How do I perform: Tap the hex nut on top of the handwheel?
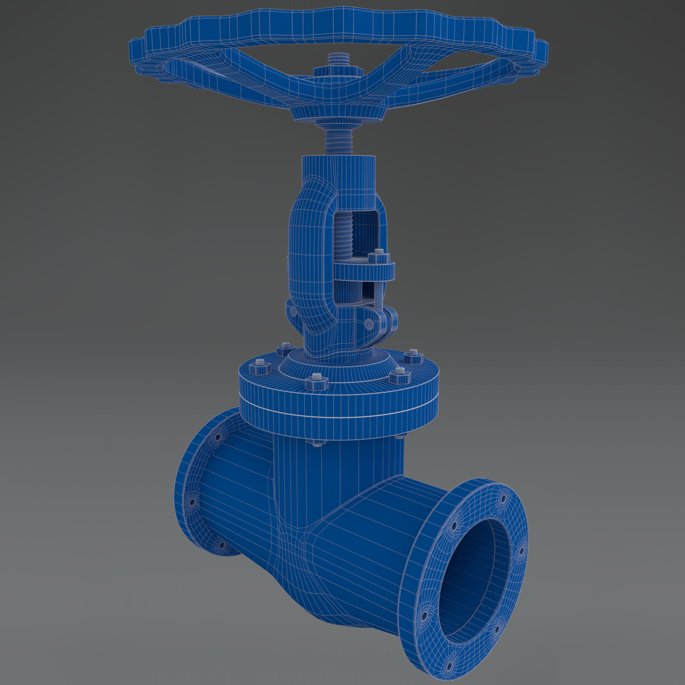(x=338, y=71)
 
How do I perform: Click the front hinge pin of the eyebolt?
(x=368, y=322)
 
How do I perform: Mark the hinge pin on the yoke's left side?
(x=293, y=311)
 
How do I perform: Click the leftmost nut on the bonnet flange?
(x=259, y=366)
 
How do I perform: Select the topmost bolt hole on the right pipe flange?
(x=502, y=499)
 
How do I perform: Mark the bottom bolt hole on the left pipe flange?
(x=221, y=545)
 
